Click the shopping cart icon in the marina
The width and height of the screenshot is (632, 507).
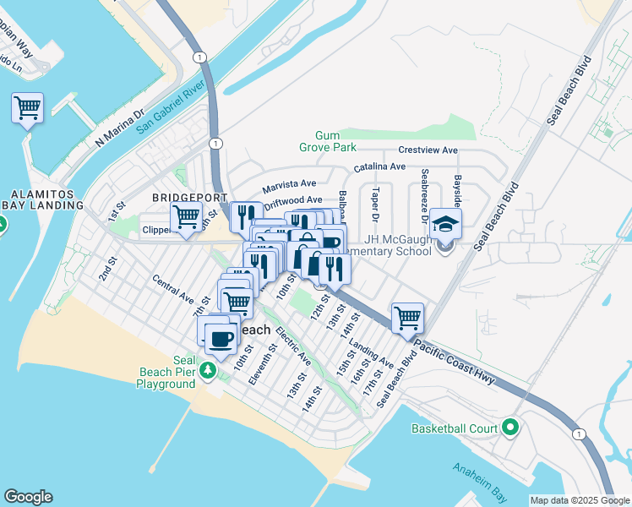[x=27, y=109]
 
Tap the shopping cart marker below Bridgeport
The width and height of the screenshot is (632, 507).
[x=186, y=219]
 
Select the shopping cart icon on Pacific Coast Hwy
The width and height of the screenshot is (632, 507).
[x=407, y=319]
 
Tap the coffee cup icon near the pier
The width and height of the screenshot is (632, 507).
[x=221, y=340]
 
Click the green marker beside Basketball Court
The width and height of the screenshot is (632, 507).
[x=509, y=428]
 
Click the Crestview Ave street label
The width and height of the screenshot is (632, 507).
[x=428, y=150]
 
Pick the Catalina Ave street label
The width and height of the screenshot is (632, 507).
[x=379, y=167]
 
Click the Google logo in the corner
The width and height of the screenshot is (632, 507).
[x=28, y=497]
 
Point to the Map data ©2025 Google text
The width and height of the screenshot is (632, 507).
[x=579, y=500]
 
